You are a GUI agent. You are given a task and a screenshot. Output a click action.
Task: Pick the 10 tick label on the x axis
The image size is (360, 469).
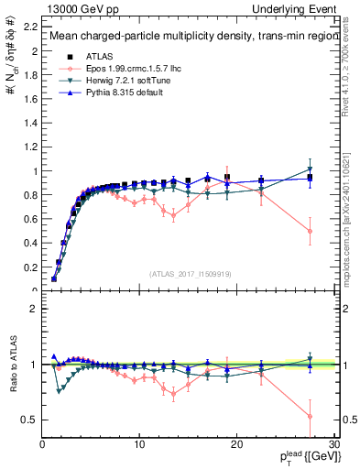(139, 444)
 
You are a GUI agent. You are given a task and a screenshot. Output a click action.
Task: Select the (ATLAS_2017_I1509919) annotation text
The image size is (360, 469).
(190, 273)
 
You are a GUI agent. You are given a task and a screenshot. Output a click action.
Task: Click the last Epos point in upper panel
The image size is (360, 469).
(310, 231)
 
